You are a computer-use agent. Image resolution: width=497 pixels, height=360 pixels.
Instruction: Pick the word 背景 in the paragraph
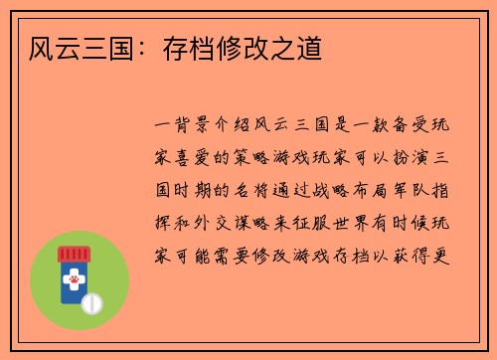click(x=190, y=128)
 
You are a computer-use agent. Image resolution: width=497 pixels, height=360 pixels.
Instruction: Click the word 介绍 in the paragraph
click(x=235, y=128)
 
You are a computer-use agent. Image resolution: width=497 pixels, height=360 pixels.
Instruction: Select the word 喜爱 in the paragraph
click(x=190, y=159)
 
